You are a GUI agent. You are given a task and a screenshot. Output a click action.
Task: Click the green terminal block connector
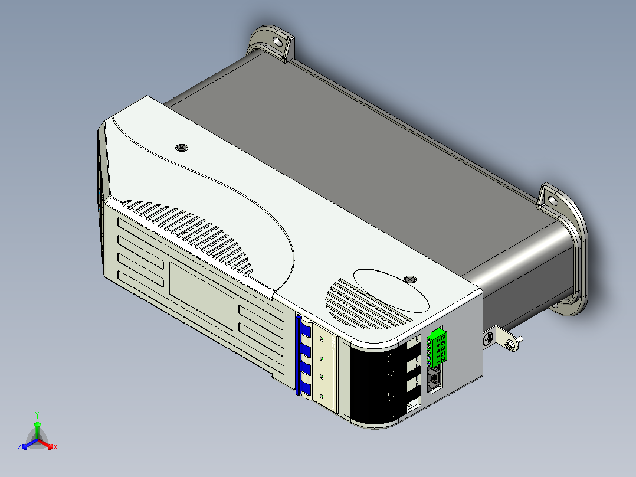[x=437, y=348]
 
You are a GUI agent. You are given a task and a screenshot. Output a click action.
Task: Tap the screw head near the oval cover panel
[x=410, y=279]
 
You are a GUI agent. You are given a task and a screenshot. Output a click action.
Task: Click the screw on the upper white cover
[x=182, y=148]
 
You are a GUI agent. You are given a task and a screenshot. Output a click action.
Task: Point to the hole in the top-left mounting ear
[x=277, y=41]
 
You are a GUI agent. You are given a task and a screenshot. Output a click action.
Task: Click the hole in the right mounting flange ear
[x=552, y=200]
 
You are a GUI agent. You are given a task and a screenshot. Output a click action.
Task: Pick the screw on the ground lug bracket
[x=511, y=345]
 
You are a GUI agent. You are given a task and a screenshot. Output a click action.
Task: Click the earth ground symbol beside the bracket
[x=489, y=337]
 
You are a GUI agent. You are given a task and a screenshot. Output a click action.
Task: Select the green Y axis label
[x=37, y=415]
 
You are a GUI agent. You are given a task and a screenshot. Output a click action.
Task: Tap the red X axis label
[x=55, y=447]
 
